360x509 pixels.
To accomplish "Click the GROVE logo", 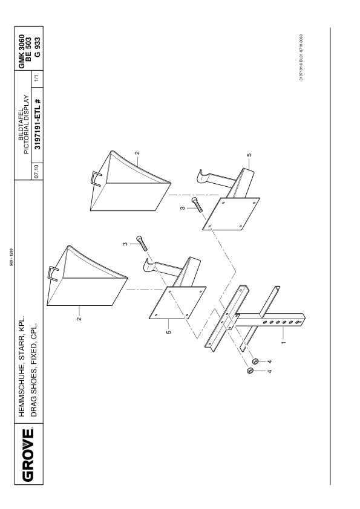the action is tap(28, 455).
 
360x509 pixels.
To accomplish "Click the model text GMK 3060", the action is tap(21, 51).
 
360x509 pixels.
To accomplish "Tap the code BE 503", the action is tap(28, 47).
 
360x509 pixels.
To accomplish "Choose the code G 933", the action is tap(38, 47).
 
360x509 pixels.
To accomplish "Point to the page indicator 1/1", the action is tap(37, 78).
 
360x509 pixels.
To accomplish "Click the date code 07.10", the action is tap(37, 171).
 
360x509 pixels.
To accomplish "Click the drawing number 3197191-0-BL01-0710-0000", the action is tap(301, 57).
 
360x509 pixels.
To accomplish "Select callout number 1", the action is tap(283, 342).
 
